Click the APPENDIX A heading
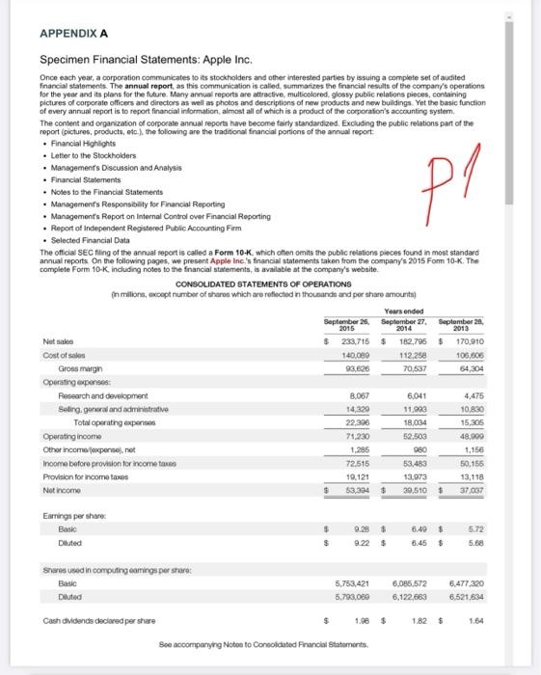[73, 32]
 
